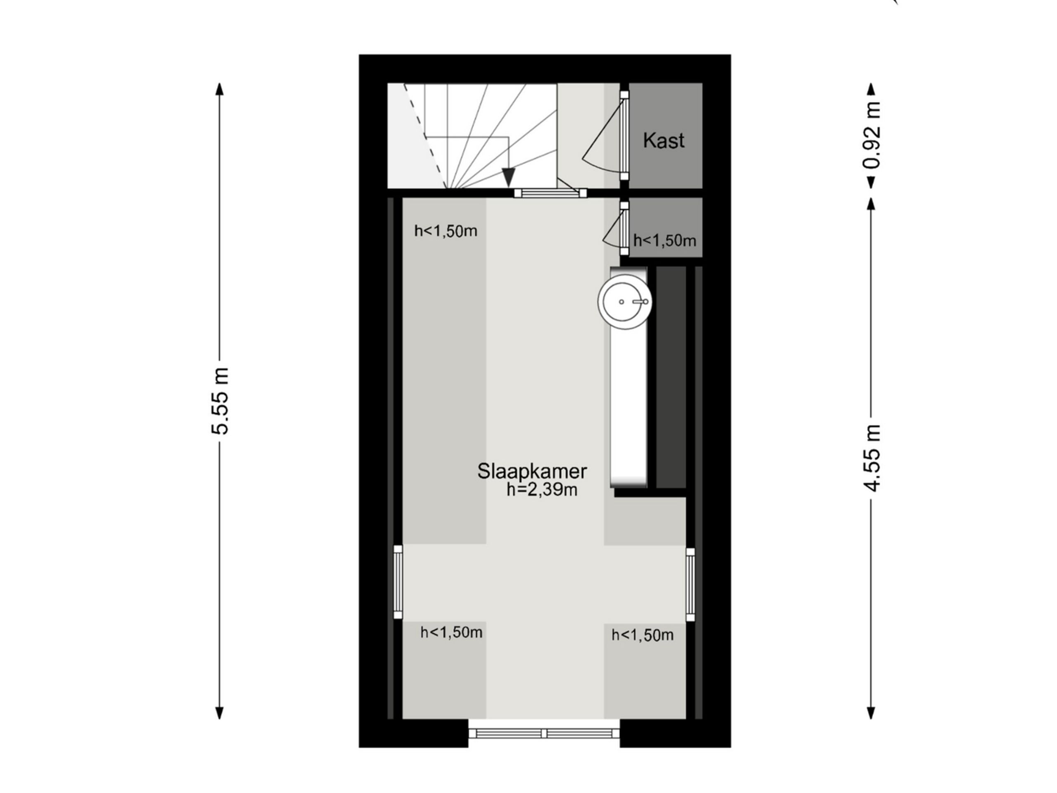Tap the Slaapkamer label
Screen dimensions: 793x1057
(x=532, y=471)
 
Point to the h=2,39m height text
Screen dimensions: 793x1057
(x=542, y=490)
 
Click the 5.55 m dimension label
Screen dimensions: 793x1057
(x=220, y=401)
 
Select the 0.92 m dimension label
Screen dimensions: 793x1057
(x=871, y=135)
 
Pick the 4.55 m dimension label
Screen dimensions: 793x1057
(x=871, y=458)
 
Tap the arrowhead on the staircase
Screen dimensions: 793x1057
(x=508, y=177)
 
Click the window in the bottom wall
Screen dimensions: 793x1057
(x=544, y=733)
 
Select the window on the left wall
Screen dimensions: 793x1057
(x=398, y=582)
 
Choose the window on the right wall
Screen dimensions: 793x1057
(x=690, y=584)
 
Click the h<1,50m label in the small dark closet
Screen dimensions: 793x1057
(x=664, y=240)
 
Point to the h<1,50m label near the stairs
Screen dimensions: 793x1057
(x=446, y=231)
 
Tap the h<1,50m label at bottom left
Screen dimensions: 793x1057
(x=451, y=632)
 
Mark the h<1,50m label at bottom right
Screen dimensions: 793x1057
(x=642, y=635)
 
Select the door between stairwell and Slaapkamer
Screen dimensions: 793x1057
(x=550, y=193)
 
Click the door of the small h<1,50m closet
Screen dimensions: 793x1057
(x=624, y=228)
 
